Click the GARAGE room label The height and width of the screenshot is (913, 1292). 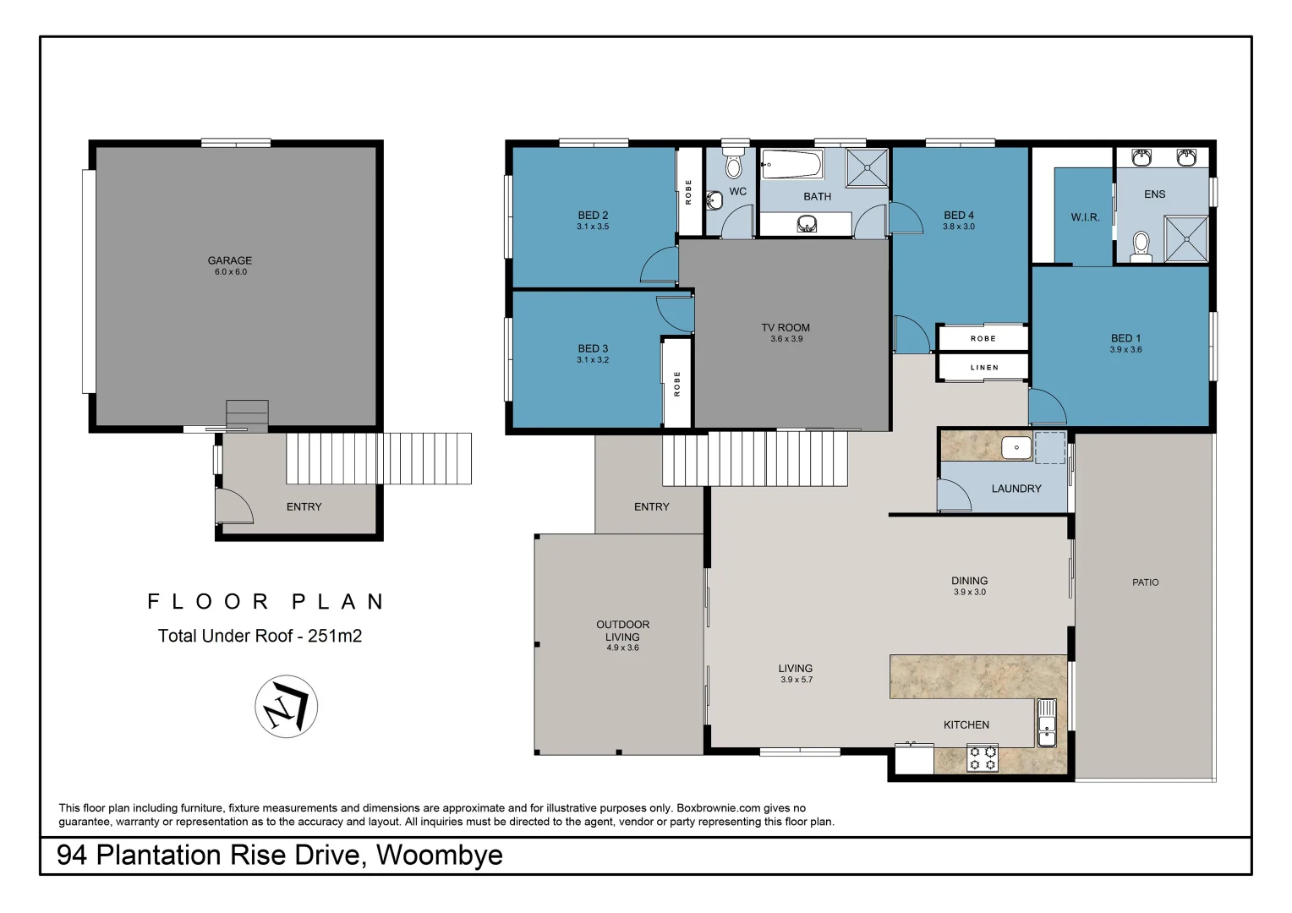[229, 260]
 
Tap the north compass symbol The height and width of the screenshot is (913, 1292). [286, 707]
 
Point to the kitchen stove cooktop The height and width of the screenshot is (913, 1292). [983, 757]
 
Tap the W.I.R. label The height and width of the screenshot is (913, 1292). [1085, 217]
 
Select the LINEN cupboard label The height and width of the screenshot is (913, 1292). [983, 368]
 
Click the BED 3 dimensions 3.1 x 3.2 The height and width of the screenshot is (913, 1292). [593, 360]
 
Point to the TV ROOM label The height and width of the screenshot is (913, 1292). [786, 327]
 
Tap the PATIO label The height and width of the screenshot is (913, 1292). [1145, 582]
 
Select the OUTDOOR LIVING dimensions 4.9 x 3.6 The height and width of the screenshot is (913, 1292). [622, 648]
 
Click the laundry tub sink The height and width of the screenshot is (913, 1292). [1016, 447]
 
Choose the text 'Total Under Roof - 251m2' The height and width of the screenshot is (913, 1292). [260, 636]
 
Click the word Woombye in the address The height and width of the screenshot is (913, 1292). [439, 856]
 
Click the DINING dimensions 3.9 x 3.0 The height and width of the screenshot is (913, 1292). [969, 593]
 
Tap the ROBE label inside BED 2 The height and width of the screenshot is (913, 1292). [689, 192]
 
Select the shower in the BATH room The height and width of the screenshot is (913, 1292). [867, 167]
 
